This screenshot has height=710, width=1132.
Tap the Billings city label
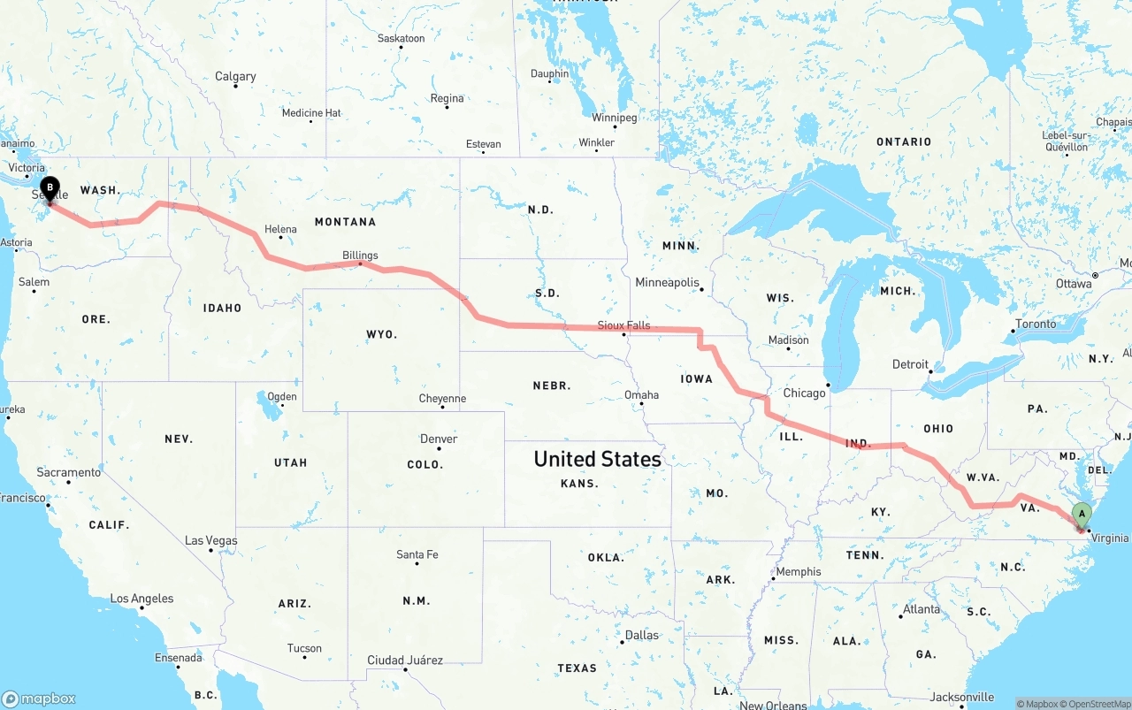pos(360,256)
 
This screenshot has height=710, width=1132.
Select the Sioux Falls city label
pos(623,325)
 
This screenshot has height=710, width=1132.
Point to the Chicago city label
pos(803,393)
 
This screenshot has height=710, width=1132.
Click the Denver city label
pos(439,439)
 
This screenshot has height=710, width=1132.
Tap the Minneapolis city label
pos(667,282)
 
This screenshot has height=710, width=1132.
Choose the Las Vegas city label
pos(210,540)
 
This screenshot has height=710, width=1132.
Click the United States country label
pos(597,459)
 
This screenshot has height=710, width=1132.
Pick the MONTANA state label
pos(345,222)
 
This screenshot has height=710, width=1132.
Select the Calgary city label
pos(235,77)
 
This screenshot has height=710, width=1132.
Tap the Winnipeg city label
pos(614,118)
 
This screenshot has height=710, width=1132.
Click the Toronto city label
pos(1036,324)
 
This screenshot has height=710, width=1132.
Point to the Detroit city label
pos(910,364)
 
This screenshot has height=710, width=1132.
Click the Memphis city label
pos(799,572)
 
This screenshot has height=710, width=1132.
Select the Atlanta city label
pos(922,609)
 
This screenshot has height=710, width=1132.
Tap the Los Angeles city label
pos(141,599)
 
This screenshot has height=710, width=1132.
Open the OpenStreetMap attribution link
pos(1098,704)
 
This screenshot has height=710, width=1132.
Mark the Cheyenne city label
pos(442,399)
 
